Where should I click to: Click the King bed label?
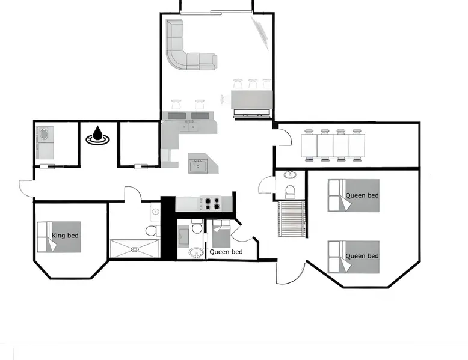[x=65, y=236]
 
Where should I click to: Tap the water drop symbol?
[x=97, y=135]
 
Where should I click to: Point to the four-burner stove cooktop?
[x=211, y=203]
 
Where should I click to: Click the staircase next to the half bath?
[x=291, y=218]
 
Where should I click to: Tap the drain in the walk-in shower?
[x=135, y=248]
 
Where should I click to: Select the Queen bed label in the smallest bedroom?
[x=226, y=252]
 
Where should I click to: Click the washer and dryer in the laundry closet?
[x=45, y=142]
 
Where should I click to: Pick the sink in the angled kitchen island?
[x=198, y=165]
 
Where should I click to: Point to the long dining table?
[x=333, y=145]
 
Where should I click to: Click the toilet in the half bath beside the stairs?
[x=289, y=192]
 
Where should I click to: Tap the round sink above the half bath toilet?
[x=289, y=175]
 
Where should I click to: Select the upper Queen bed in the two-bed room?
[x=353, y=195]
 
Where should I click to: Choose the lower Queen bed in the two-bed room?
[x=353, y=257]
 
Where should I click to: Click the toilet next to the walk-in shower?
[x=153, y=231]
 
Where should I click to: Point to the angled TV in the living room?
[x=260, y=33]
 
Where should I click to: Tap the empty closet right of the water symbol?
[x=140, y=143]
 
